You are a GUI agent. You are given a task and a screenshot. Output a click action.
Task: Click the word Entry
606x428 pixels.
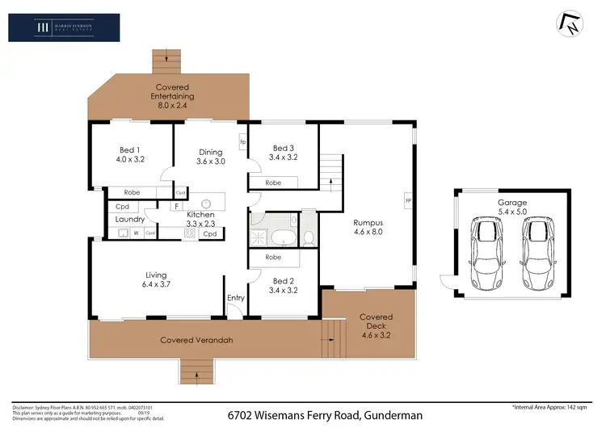[235, 298]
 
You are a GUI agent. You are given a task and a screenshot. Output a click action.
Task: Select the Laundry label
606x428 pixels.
[130, 220]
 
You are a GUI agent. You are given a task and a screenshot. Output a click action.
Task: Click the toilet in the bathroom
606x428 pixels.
[308, 237]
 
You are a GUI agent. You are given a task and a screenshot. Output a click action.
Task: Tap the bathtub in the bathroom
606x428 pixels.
[284, 238]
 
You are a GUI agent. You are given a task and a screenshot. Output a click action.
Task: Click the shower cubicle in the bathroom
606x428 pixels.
[258, 237]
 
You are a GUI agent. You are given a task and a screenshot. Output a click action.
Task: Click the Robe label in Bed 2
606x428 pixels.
[273, 258]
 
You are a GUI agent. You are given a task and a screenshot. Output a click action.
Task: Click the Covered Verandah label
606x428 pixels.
[196, 340]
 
